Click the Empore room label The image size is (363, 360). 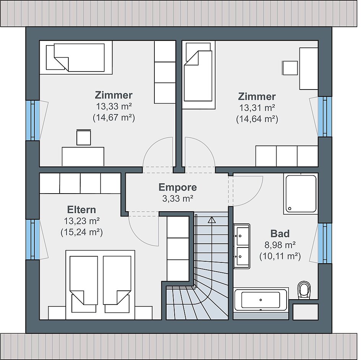click(178, 187)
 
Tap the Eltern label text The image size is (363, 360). click(81, 210)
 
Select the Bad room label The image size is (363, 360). click(280, 234)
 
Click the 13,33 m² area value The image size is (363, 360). click(114, 106)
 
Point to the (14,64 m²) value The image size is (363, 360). click(257, 119)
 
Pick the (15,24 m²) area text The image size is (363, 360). click(81, 232)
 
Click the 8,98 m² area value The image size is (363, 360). click(280, 245)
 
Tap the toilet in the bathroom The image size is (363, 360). click(303, 290)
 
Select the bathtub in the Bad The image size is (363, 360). click(261, 300)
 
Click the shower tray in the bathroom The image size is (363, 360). click(301, 194)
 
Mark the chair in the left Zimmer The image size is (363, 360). click(84, 137)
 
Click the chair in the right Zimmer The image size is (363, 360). click(290, 68)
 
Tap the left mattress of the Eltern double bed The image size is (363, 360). click(84, 280)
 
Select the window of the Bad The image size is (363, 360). click(325, 243)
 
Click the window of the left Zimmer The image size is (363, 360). click(32, 120)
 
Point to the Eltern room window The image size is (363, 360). click(32, 239)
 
